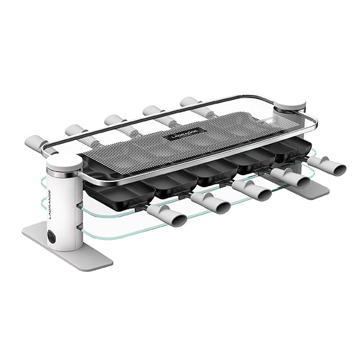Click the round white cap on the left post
[x=64, y=161]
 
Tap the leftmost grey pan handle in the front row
[x=164, y=215]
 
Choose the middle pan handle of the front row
[x=252, y=189]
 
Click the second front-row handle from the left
[x=211, y=202]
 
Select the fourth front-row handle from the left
[x=290, y=178]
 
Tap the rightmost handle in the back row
[x=191, y=103]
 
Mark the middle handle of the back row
[x=114, y=121]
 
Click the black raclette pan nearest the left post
[x=114, y=190]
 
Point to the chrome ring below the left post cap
[x=64, y=173]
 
